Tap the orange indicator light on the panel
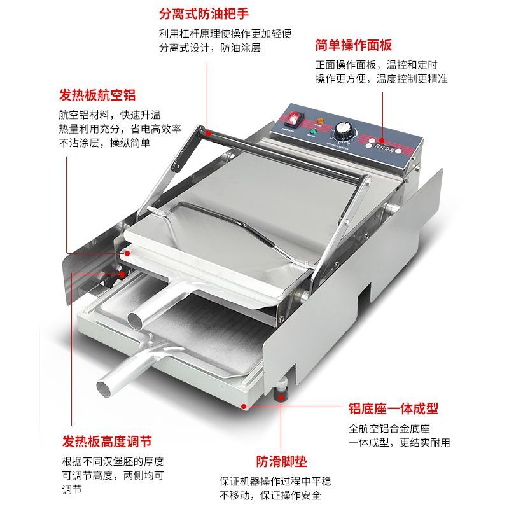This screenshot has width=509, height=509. [319, 120]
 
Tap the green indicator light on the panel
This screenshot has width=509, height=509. [313, 132]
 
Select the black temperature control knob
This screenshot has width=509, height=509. [343, 130]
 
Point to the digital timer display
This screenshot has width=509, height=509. [384, 149]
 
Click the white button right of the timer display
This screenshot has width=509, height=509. [399, 151]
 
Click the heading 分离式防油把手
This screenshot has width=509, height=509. [204, 13]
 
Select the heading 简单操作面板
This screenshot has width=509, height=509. [354, 45]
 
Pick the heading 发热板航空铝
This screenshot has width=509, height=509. [97, 95]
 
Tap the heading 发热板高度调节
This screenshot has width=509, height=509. [107, 442]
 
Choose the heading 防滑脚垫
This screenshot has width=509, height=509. [281, 461]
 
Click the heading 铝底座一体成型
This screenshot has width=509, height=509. [393, 408]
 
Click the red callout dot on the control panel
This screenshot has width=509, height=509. [382, 141]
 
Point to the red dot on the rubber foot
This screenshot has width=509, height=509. [281, 396]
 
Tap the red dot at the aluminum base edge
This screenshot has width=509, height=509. [244, 406]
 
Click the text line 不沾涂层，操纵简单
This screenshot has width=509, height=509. [104, 143]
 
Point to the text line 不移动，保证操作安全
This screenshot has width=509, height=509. [270, 496]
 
